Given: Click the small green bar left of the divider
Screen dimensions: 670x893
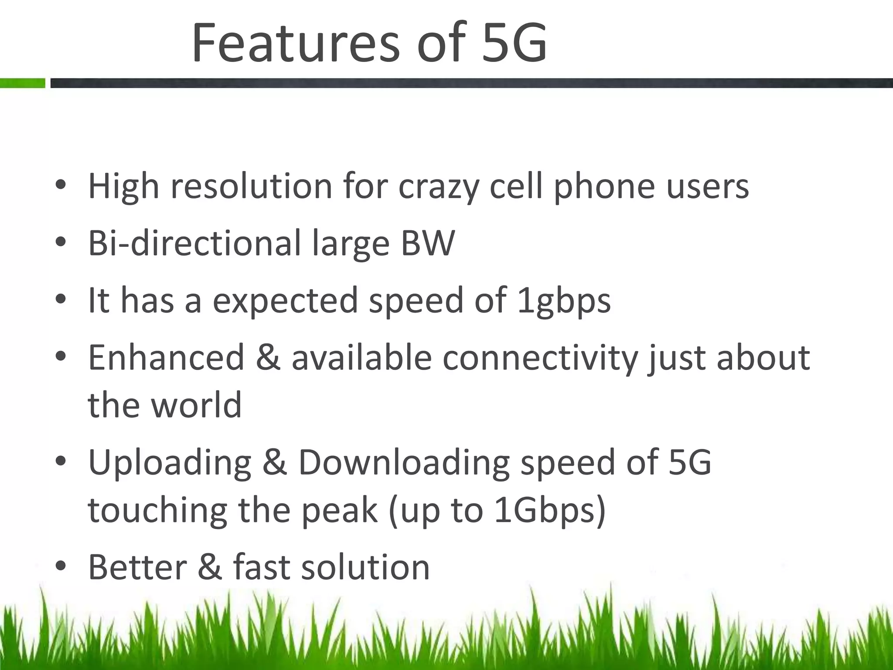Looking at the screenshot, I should pos(22,83).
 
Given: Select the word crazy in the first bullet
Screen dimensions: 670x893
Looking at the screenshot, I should pos(438,187).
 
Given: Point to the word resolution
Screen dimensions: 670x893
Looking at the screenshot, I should pos(252,186).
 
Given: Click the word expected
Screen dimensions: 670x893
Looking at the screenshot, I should pos(286,301).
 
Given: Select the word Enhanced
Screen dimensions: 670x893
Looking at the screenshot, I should pos(166,358).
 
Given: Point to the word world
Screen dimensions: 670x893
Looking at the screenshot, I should pos(196,405).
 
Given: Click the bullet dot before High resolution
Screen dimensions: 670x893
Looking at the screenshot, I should pos(61,185).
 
